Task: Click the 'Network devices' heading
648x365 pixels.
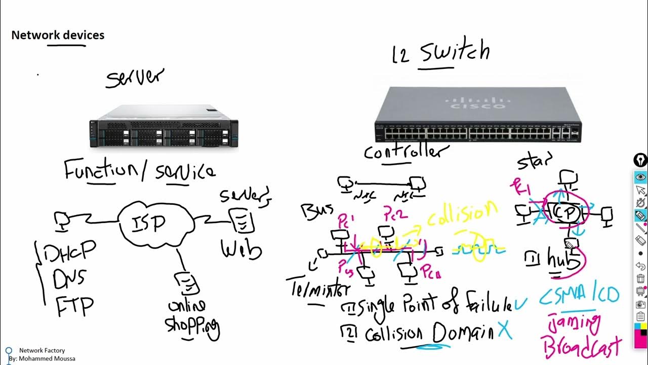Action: pos(58,35)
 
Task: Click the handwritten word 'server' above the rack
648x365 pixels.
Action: pos(135,78)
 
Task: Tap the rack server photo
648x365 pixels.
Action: pos(164,127)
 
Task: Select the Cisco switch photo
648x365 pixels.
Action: pos(478,116)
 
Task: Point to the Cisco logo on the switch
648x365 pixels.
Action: pos(475,104)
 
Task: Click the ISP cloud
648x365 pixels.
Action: pos(155,223)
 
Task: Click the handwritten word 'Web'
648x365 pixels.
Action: pos(241,249)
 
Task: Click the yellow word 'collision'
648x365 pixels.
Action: pos(462,213)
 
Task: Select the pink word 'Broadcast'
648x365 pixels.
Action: pos(582,347)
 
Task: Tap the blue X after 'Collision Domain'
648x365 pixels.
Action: pos(504,331)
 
